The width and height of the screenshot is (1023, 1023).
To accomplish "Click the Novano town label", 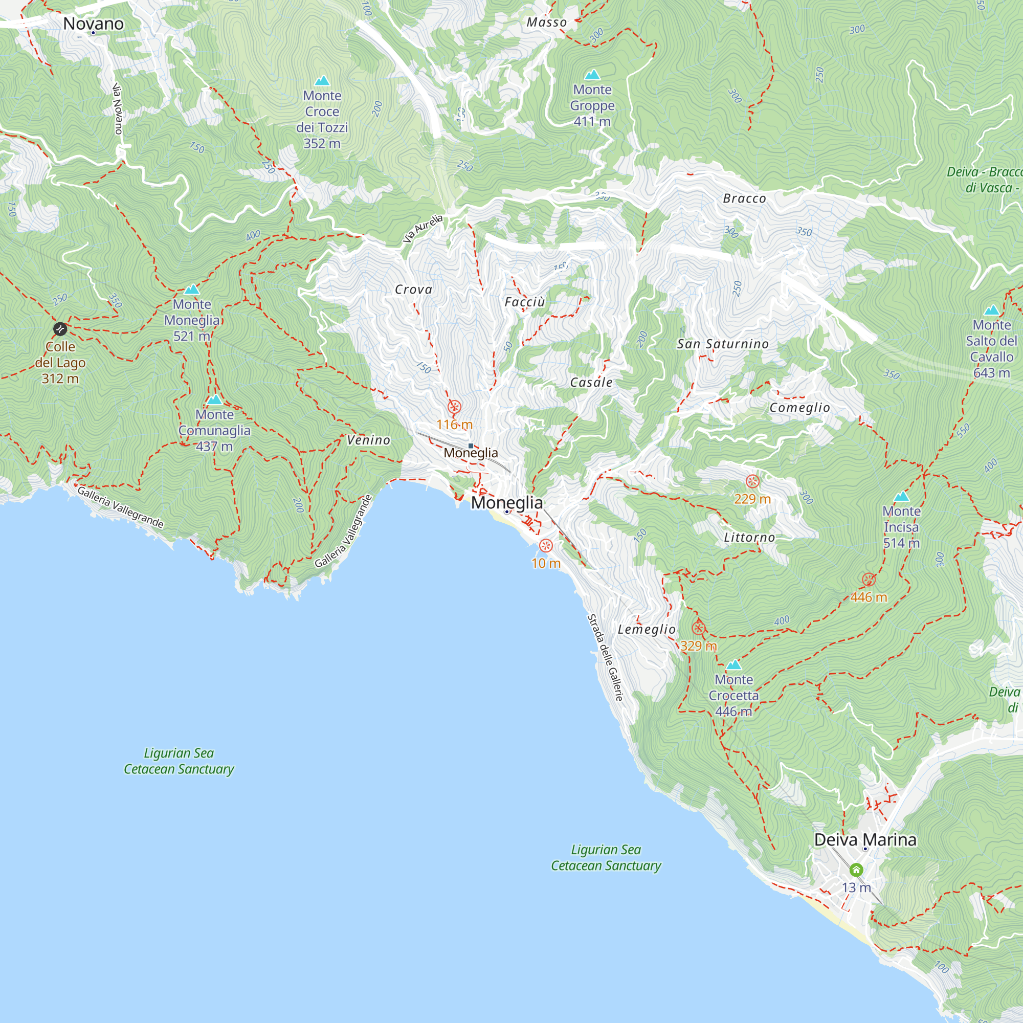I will click(93, 24).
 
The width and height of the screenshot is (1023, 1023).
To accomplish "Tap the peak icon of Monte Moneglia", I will click(192, 290).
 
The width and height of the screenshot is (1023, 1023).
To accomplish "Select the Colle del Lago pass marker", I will click(60, 329).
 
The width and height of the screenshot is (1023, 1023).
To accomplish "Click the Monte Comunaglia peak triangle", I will click(214, 400).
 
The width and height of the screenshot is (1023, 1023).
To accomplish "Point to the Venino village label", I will click(368, 440).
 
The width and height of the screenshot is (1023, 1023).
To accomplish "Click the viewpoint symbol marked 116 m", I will click(454, 407).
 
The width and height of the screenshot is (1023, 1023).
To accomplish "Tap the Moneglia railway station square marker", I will click(471, 446).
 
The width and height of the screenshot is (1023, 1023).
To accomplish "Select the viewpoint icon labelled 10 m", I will click(546, 545).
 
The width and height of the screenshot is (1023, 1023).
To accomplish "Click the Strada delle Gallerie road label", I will click(605, 658).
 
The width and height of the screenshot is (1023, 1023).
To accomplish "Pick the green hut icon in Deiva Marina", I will click(856, 870).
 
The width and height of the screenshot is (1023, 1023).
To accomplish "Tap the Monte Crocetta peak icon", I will click(733, 665).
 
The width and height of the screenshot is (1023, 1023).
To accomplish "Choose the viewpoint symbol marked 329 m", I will click(698, 629).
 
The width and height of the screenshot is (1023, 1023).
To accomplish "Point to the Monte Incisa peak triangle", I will click(901, 497).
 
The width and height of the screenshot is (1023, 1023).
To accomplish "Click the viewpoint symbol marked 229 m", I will click(752, 482).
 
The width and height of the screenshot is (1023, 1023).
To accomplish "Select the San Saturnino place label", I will click(723, 344).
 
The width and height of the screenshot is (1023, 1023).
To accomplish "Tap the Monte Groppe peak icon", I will click(592, 75).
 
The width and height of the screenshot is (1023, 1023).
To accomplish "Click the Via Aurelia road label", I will click(422, 229).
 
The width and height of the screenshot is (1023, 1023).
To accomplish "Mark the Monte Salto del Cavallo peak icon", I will click(991, 310).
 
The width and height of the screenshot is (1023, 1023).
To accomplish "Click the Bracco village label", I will click(744, 198).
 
